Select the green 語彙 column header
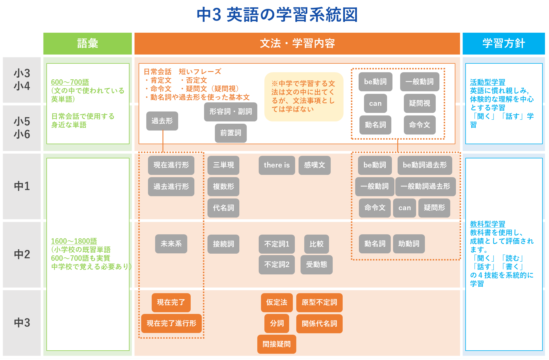(x=87, y=44)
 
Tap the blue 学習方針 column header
(x=503, y=44)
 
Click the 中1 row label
(x=22, y=186)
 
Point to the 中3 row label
(x=22, y=323)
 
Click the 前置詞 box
(x=231, y=133)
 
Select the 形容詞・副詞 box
(x=231, y=112)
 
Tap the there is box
(x=277, y=165)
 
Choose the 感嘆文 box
(x=314, y=165)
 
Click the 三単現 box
(x=223, y=165)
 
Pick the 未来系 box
(x=171, y=244)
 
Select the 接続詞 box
(x=223, y=244)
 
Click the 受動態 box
(x=316, y=265)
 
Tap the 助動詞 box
(x=409, y=244)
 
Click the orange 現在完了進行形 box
(x=171, y=324)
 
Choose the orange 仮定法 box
(x=277, y=303)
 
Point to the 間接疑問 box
(x=277, y=344)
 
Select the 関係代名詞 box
(x=319, y=324)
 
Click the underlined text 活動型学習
(x=488, y=82)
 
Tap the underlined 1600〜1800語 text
(x=74, y=241)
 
